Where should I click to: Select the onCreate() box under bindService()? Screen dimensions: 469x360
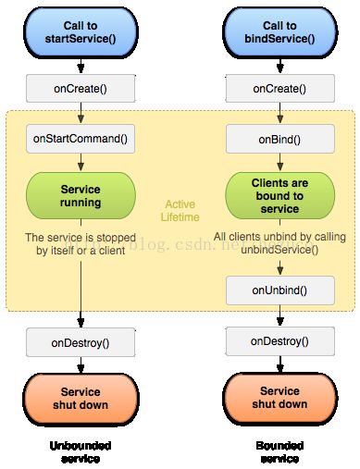pos(279,88)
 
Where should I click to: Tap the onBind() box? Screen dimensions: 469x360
pos(279,140)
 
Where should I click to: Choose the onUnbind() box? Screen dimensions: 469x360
pos(279,290)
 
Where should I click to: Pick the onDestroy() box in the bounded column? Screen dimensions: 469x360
pos(279,341)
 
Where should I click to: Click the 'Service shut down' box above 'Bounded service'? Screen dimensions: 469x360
pos(279,398)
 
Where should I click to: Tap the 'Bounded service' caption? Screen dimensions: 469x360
pos(279,451)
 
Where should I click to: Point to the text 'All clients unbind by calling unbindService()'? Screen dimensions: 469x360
pos(279,243)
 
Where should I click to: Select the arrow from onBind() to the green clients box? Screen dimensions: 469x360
pos(279,161)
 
